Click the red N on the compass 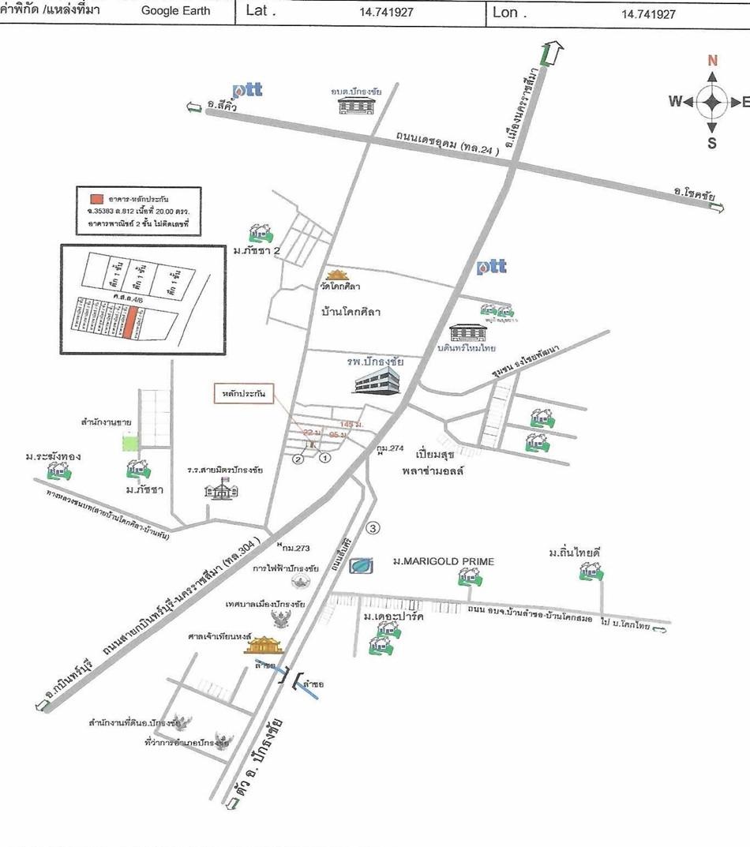pyautogui.click(x=712, y=61)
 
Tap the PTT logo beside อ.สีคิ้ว pyautogui.click(x=247, y=90)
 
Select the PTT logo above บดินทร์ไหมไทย pyautogui.click(x=491, y=267)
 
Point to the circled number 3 pyautogui.click(x=374, y=527)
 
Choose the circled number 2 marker pyautogui.click(x=298, y=459)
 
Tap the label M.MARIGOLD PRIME pyautogui.click(x=443, y=561)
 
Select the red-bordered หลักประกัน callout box pyautogui.click(x=243, y=392)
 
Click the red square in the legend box pyautogui.click(x=96, y=197)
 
